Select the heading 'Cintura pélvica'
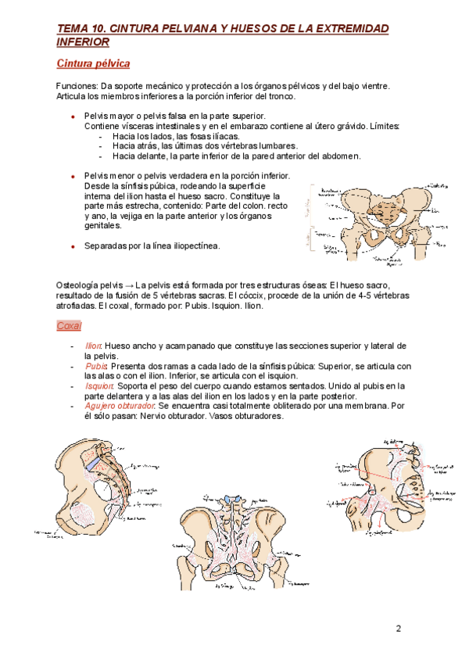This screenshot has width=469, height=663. coord(93,63)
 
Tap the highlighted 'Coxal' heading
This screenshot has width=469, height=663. coord(69,325)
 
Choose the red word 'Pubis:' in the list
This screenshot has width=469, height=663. coord(96,366)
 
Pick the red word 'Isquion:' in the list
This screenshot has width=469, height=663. coord(98,385)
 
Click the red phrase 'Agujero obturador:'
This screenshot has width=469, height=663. coord(120,406)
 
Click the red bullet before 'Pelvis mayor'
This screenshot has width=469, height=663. coord(72,116)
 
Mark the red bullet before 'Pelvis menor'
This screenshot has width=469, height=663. coord(72,177)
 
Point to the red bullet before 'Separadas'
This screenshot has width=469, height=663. coord(72,246)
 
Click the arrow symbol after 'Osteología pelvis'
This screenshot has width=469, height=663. coord(128,286)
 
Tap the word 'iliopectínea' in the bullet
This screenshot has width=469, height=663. coord(194,246)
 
